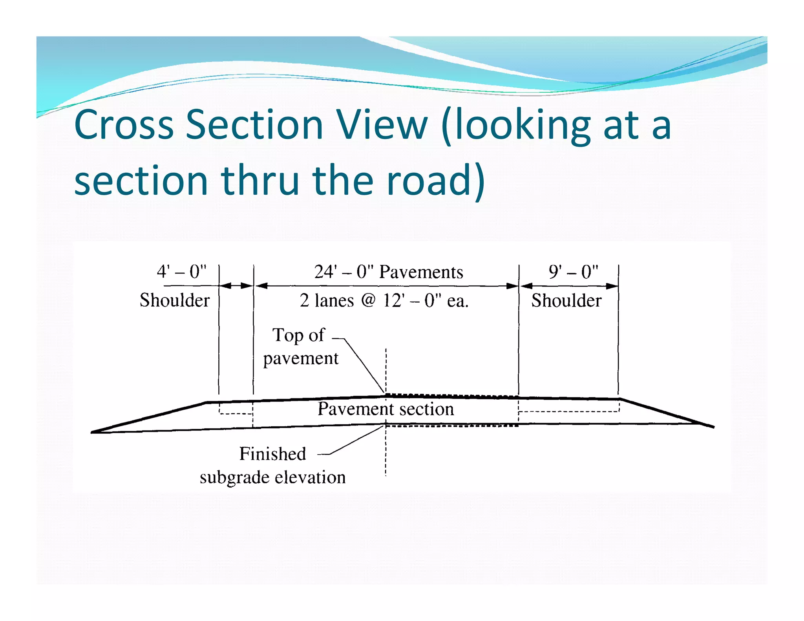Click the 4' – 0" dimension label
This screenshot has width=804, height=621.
(181, 272)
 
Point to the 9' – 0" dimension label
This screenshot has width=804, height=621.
(573, 272)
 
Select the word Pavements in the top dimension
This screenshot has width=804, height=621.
(421, 272)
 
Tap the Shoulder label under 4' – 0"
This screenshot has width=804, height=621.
(175, 301)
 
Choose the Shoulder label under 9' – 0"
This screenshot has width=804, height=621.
(566, 301)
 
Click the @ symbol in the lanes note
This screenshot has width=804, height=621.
(368, 300)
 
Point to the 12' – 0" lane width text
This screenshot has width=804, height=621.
(412, 301)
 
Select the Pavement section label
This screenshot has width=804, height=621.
(386, 409)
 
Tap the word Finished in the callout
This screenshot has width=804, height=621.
(272, 454)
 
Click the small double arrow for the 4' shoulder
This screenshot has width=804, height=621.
(236, 286)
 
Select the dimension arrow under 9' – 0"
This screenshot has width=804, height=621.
(569, 286)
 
